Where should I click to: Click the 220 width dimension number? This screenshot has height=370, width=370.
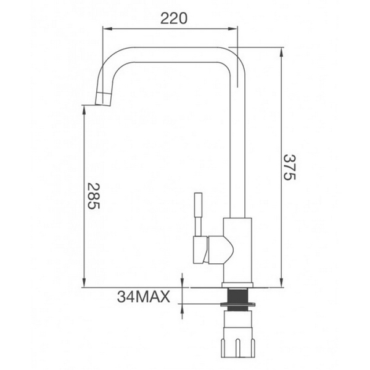tap(173, 18)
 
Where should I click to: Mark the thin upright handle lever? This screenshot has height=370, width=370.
tap(199, 212)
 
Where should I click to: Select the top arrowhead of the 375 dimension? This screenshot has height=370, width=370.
tap(280, 49)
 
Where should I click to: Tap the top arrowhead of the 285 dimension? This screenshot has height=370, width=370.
tap(83, 109)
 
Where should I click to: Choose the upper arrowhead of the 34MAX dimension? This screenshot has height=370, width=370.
tap(183, 284)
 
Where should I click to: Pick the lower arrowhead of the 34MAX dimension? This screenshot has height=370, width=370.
tap(183, 306)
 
